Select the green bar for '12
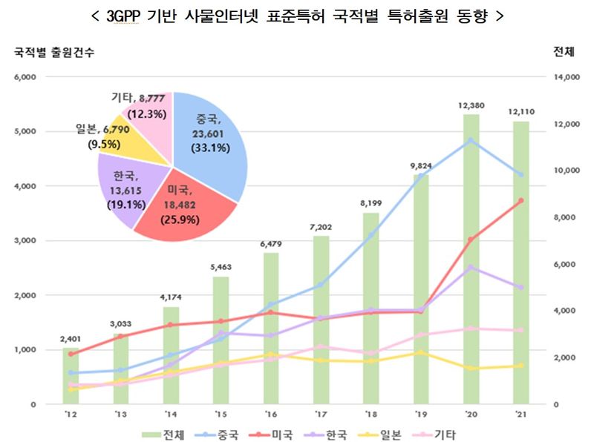[70, 378]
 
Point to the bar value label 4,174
[171, 297]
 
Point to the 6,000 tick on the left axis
[25, 76]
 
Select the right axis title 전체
[564, 52]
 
